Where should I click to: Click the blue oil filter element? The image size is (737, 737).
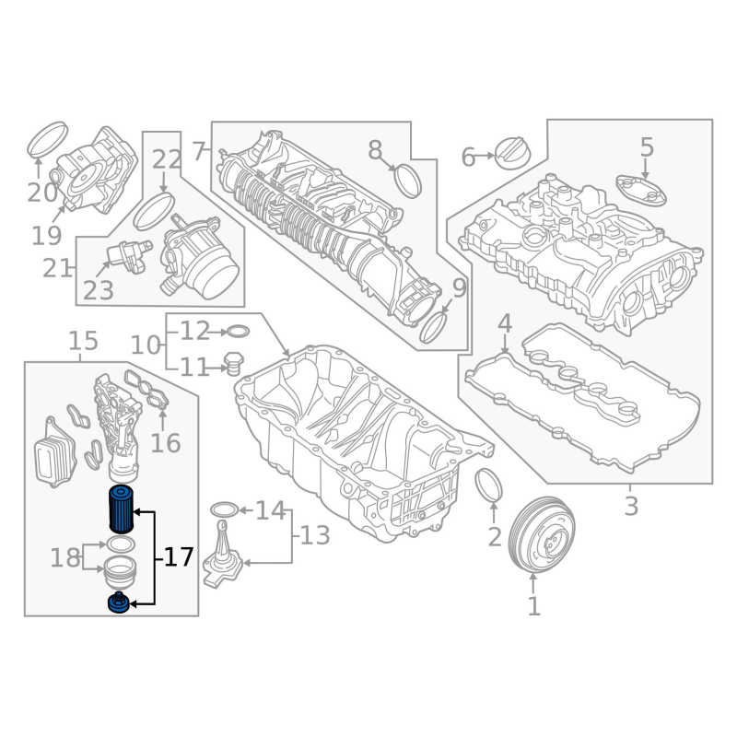coord(122,509)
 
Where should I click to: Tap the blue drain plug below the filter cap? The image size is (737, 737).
coord(119,603)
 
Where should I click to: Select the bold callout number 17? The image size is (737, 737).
coord(179,557)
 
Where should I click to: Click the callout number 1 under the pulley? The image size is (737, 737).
coord(534,606)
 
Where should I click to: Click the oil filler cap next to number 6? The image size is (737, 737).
coord(513,153)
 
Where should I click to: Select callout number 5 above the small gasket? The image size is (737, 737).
coord(647,147)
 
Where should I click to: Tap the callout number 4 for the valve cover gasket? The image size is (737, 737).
coord(504,323)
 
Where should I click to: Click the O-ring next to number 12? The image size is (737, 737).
coord(239,332)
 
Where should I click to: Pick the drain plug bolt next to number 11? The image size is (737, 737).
coord(233,364)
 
